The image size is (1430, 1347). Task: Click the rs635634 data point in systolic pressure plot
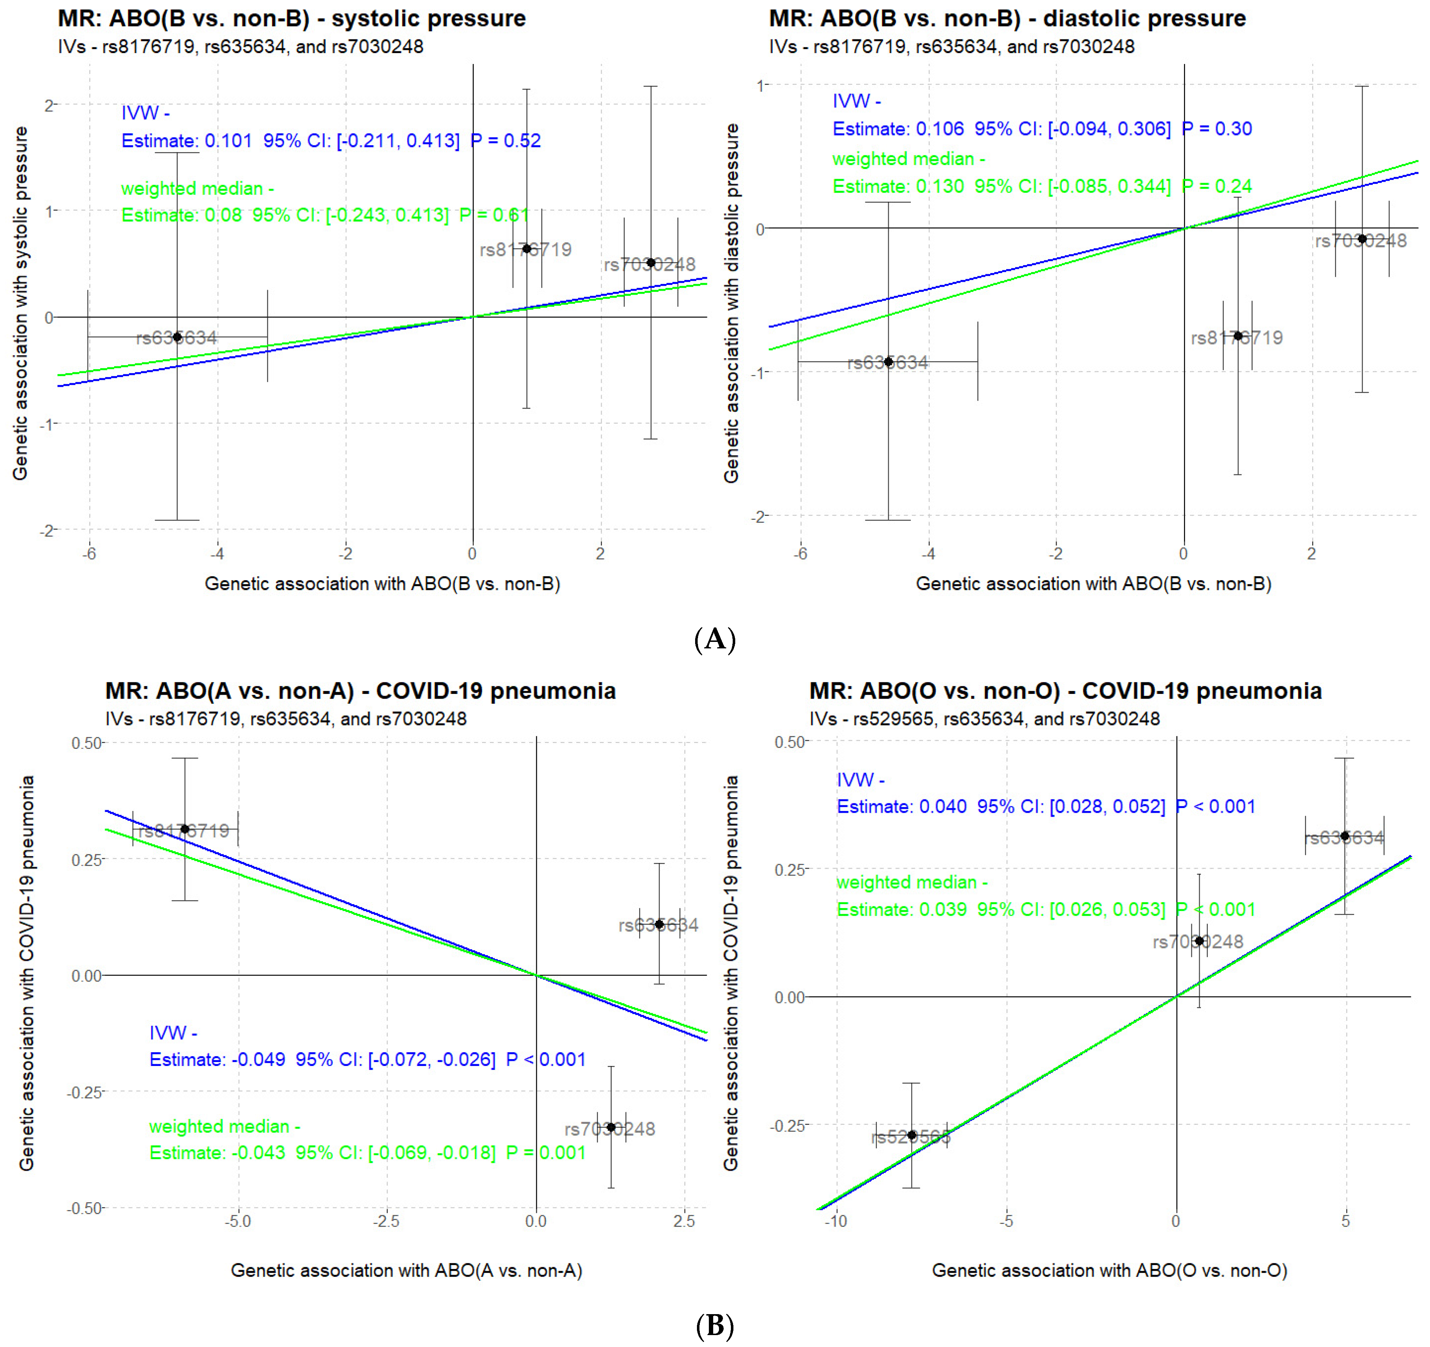click(x=177, y=337)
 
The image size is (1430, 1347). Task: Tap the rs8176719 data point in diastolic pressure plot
click(x=1238, y=336)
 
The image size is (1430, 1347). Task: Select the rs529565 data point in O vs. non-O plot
click(x=912, y=1135)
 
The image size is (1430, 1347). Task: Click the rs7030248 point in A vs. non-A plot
click(x=611, y=1127)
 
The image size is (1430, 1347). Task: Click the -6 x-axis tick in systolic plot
click(x=89, y=554)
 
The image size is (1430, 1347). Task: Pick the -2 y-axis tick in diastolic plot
click(x=757, y=516)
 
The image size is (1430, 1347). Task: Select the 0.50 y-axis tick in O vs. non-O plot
click(x=789, y=742)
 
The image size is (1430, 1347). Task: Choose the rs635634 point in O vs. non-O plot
click(x=1344, y=836)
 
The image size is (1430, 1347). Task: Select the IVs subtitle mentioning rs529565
click(x=984, y=718)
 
